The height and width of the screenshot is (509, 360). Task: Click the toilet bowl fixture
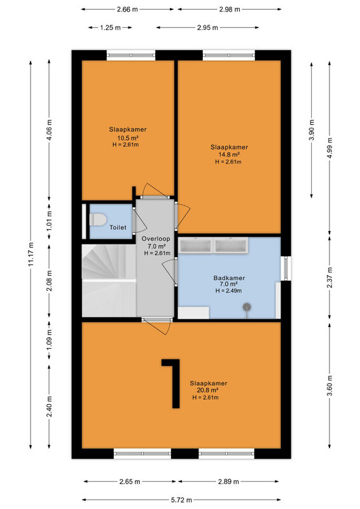click(98, 220)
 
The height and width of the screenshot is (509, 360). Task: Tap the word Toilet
click(118, 228)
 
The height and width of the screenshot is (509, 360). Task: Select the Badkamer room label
click(229, 278)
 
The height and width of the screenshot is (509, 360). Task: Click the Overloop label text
click(155, 239)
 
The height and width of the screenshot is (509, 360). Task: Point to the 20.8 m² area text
click(207, 390)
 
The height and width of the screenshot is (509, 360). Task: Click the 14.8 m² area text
click(229, 154)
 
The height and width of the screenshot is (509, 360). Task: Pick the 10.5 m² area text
click(128, 137)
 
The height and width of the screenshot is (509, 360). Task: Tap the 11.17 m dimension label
click(31, 254)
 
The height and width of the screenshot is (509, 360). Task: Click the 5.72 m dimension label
click(182, 500)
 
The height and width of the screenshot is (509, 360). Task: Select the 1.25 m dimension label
click(111, 27)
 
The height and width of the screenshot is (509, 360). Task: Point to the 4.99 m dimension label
click(330, 148)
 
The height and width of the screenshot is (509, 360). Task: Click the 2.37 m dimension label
click(330, 277)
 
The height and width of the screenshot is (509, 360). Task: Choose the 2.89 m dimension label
click(228, 482)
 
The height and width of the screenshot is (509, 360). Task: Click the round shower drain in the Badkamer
click(247, 307)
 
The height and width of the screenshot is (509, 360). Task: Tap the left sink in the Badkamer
click(196, 245)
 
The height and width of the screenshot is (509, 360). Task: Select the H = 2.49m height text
click(228, 291)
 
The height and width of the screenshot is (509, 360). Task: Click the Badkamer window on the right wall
click(286, 268)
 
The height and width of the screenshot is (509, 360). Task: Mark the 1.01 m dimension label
click(49, 221)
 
